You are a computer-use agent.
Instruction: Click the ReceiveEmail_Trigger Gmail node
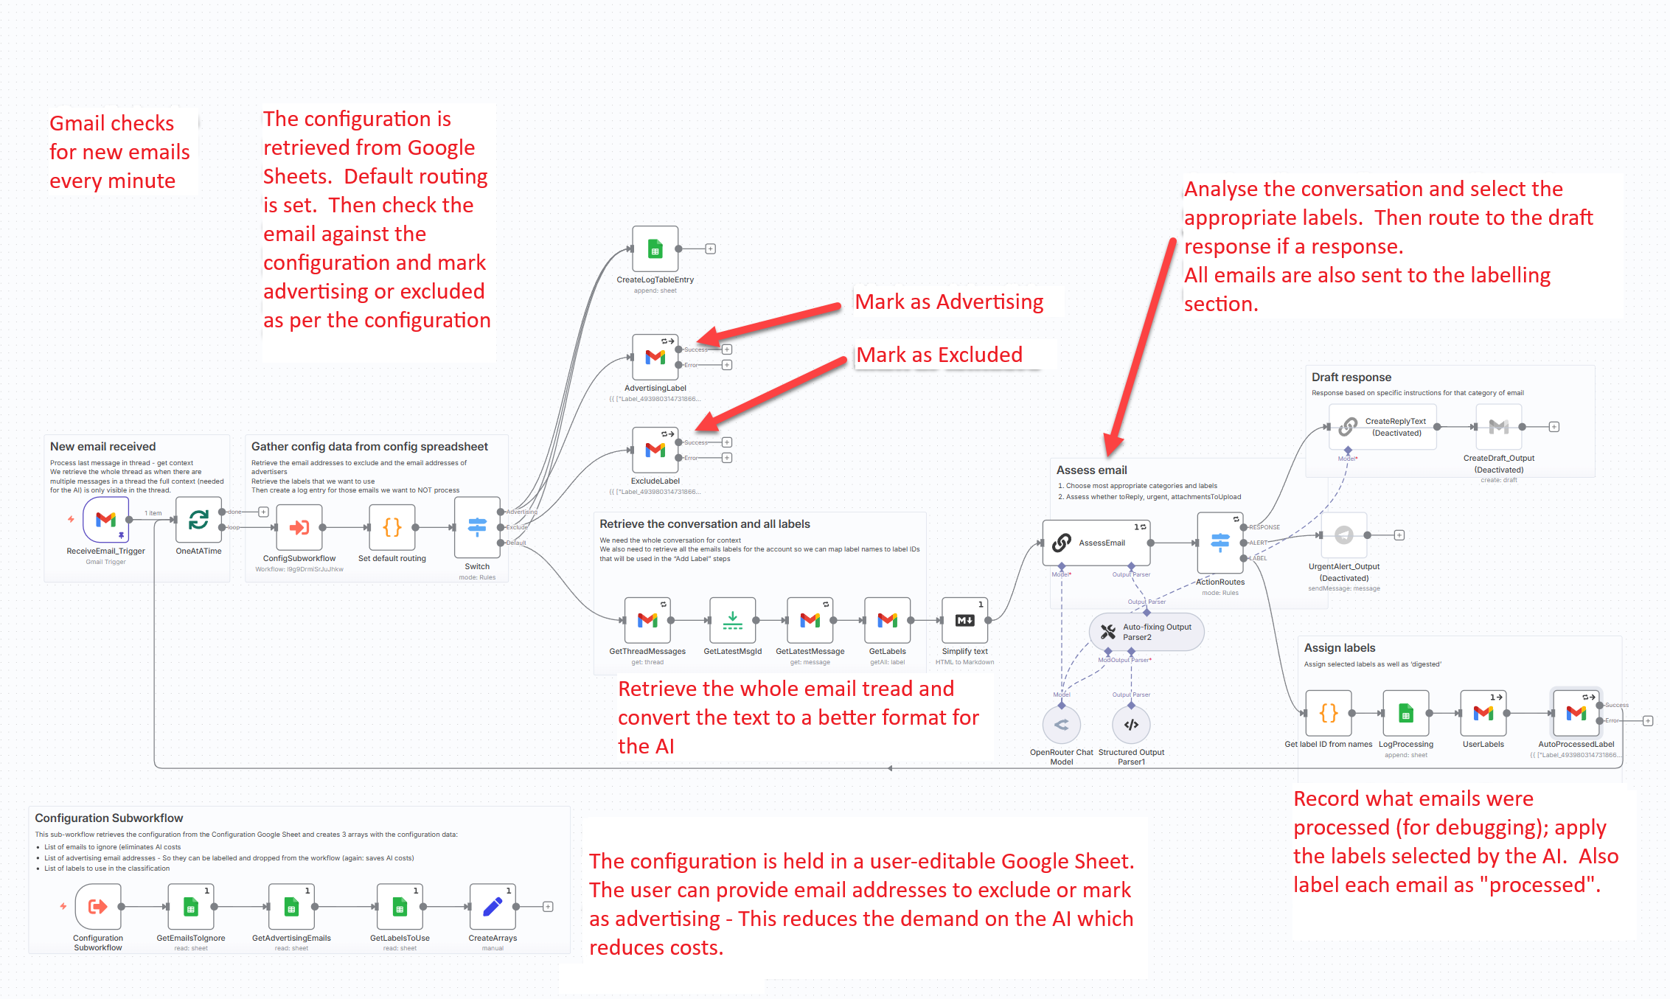105,520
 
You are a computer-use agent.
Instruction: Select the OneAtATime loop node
198,520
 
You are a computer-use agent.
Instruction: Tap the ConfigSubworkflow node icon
299,527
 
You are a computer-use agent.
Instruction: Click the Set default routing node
392,527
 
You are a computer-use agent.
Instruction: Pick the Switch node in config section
477,527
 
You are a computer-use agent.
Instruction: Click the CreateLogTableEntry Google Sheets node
655,249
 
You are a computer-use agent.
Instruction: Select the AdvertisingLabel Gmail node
655,358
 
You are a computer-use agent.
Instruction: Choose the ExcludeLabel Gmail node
655,450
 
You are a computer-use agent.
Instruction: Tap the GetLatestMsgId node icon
732,620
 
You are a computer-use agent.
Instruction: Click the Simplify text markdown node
964,620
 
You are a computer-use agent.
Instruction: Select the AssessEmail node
1096,543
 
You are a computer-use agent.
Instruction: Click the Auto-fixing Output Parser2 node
1147,632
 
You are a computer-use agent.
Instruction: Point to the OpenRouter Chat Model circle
1061,725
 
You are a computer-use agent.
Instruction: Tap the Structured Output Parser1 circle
1131,725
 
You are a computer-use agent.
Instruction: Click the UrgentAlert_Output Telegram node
1344,535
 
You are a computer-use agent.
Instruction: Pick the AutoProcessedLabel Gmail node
1576,713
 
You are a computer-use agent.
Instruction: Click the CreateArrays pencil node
493,907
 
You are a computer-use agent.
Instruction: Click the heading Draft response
1351,377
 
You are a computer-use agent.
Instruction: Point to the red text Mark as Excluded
939,355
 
